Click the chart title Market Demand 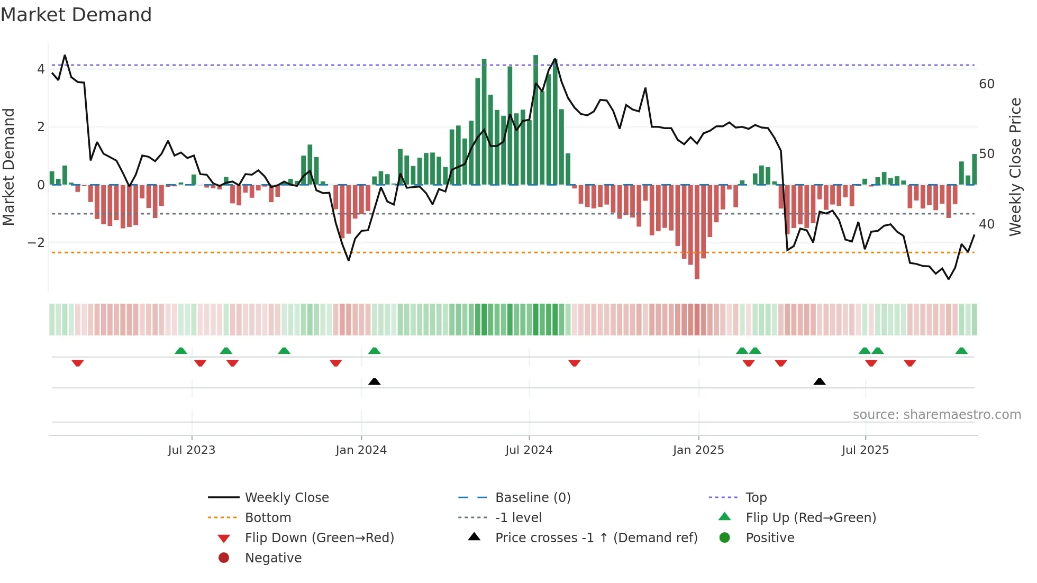pyautogui.click(x=76, y=15)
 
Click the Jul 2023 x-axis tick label pyautogui.click(x=192, y=450)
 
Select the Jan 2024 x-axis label pyautogui.click(x=361, y=450)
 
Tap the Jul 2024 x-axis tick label pyautogui.click(x=529, y=450)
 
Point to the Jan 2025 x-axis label pyautogui.click(x=698, y=450)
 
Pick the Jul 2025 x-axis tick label pyautogui.click(x=865, y=450)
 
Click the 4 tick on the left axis pyautogui.click(x=41, y=69)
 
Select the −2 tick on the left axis pyautogui.click(x=37, y=243)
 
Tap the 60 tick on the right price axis pyautogui.click(x=986, y=84)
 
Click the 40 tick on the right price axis pyautogui.click(x=986, y=224)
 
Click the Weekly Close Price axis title pyautogui.click(x=1015, y=167)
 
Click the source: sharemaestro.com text pyautogui.click(x=936, y=415)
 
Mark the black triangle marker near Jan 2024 pyautogui.click(x=374, y=381)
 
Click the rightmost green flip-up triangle pyautogui.click(x=961, y=351)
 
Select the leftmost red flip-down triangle pyautogui.click(x=78, y=363)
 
